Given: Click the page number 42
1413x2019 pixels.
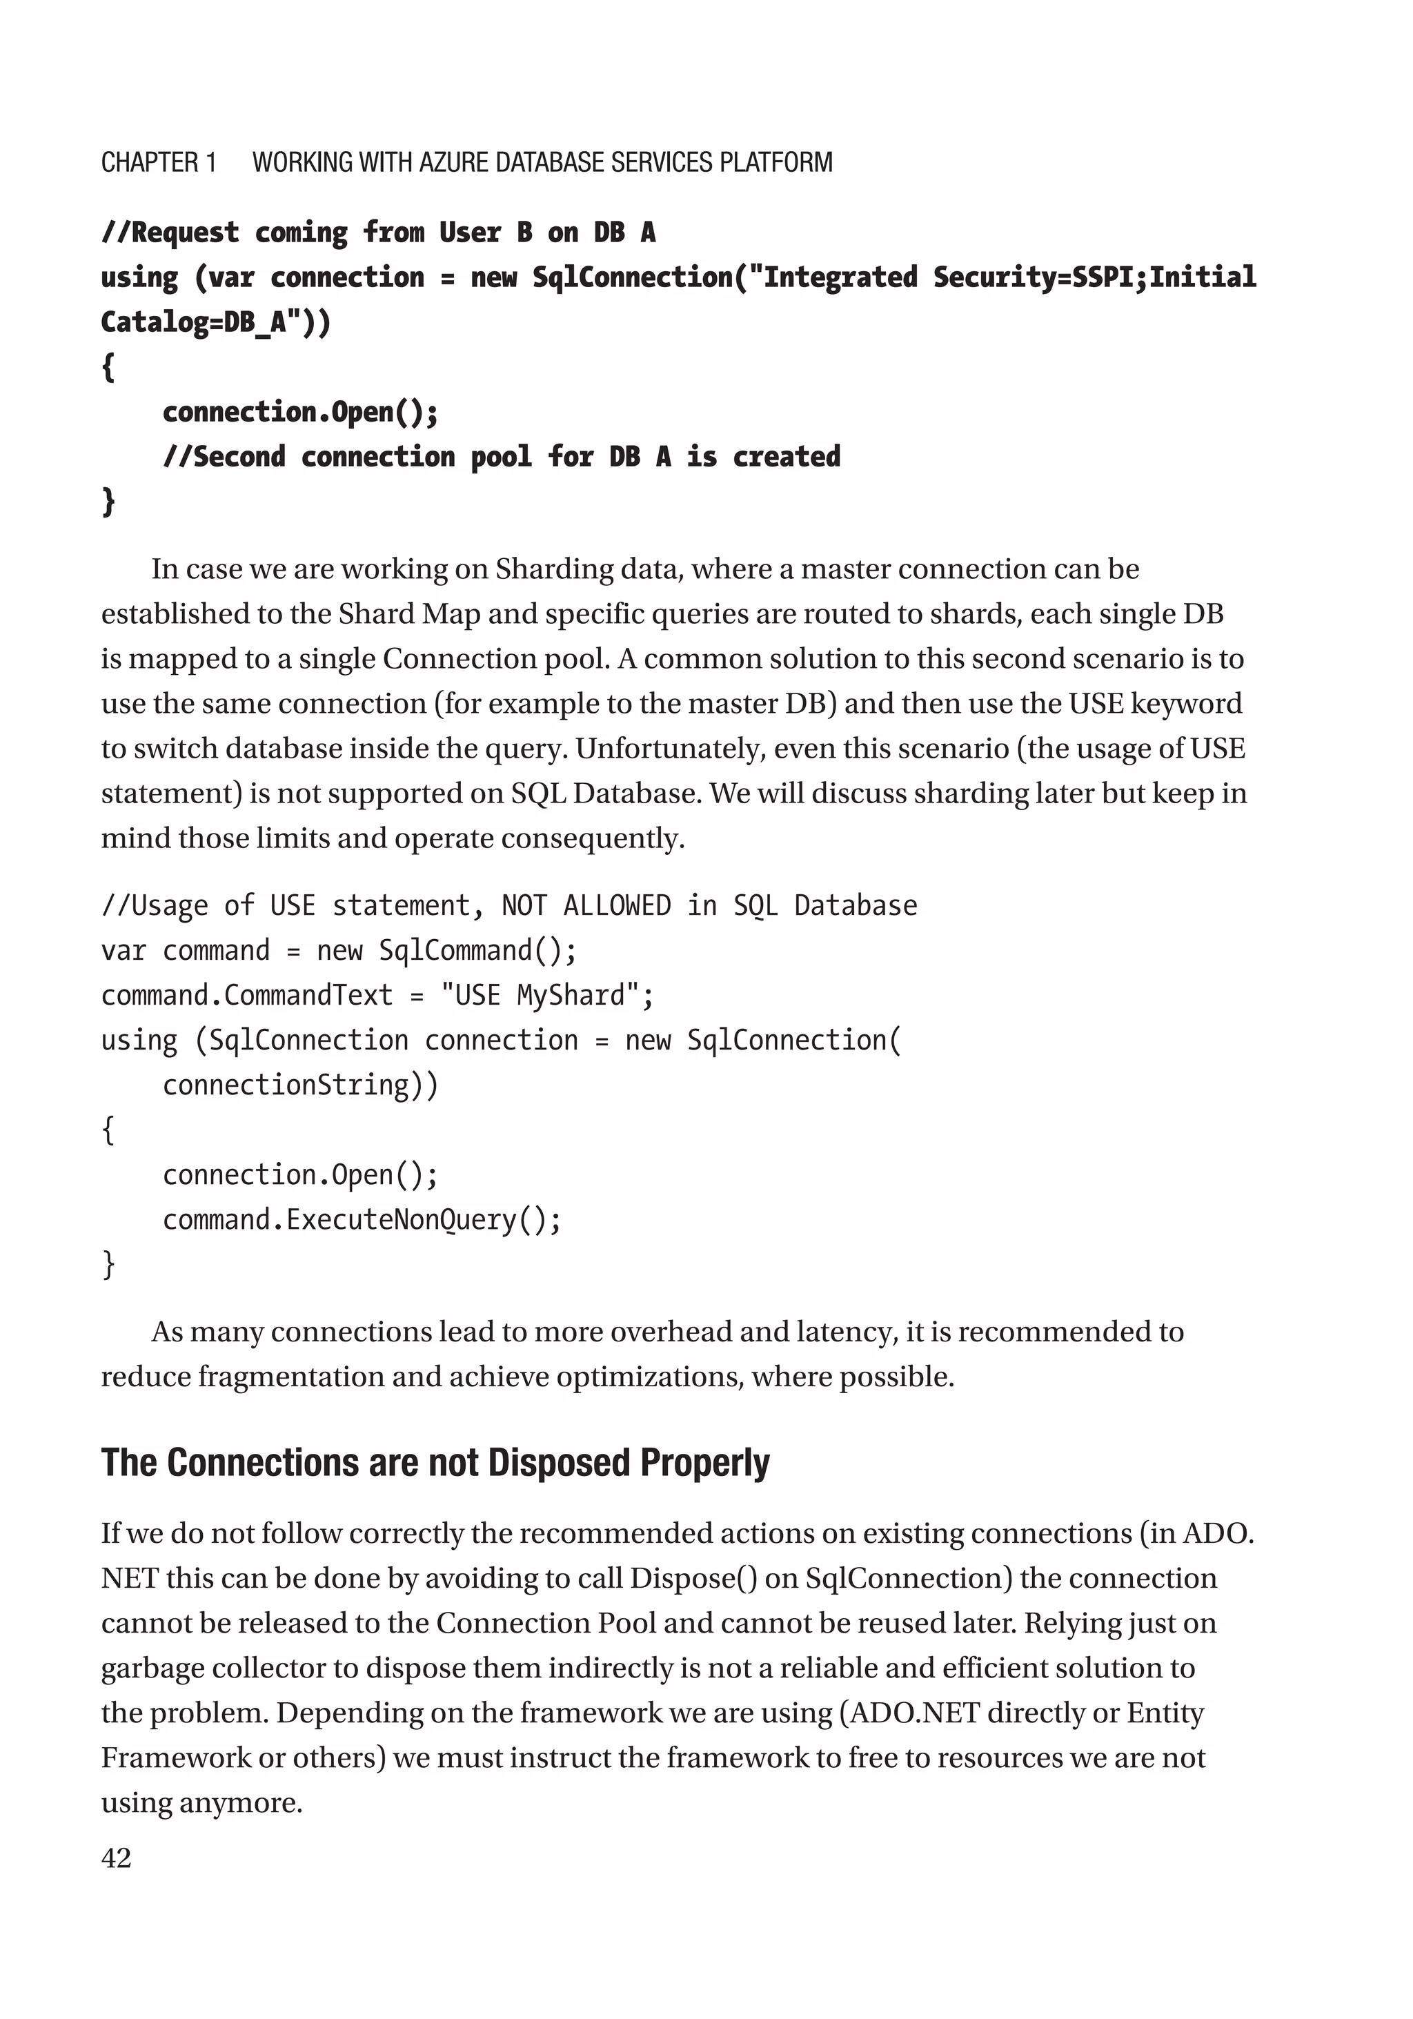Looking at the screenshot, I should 116,1858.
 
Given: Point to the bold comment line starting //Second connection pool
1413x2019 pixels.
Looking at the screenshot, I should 501,456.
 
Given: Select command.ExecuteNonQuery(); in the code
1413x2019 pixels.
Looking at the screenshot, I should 362,1220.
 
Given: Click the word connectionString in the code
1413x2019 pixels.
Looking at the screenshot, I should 286,1085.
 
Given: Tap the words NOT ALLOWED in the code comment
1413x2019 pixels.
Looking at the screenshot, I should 586,906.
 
